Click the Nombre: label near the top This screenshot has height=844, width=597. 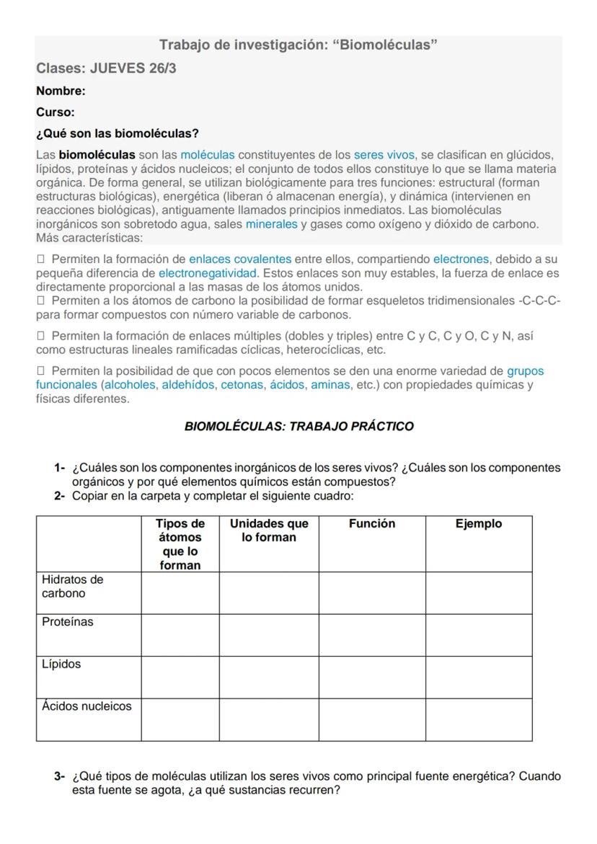[x=61, y=91]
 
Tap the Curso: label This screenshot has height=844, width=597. [x=56, y=112]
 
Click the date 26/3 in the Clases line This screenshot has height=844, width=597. [x=162, y=68]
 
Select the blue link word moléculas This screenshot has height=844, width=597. [x=208, y=155]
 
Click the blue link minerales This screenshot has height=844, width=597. [x=271, y=224]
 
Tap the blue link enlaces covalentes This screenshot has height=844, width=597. [x=240, y=259]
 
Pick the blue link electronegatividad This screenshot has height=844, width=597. [x=208, y=273]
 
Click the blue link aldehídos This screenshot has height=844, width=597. [x=187, y=385]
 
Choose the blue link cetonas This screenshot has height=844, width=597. [x=242, y=385]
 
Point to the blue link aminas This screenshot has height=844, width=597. [x=330, y=385]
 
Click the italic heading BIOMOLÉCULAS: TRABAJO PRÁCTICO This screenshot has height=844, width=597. [x=299, y=426]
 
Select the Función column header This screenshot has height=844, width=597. [x=371, y=524]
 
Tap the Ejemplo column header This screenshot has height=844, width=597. [x=479, y=524]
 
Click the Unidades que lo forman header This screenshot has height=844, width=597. [x=269, y=530]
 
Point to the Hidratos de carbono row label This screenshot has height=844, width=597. [x=72, y=587]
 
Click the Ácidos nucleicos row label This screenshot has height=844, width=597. [x=87, y=706]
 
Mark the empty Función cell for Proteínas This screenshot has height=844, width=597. [x=371, y=635]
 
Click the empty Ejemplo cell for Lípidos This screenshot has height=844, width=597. [x=479, y=678]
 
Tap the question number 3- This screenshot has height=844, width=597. [x=60, y=776]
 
